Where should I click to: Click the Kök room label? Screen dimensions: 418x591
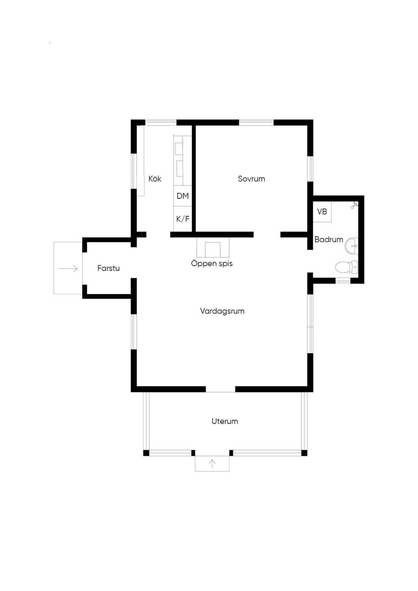click(155, 179)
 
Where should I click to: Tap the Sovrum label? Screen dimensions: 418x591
click(251, 179)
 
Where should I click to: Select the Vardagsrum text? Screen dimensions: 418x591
click(222, 311)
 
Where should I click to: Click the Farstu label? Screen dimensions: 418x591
click(109, 268)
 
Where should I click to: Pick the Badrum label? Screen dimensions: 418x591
click(329, 240)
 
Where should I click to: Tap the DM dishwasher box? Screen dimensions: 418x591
click(182, 196)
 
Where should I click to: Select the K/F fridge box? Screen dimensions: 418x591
click(182, 219)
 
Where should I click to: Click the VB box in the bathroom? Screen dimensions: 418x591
click(322, 211)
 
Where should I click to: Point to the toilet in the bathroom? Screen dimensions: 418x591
click(347, 267)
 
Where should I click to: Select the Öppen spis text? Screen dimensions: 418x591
click(212, 264)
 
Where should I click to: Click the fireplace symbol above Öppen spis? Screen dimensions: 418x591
click(213, 247)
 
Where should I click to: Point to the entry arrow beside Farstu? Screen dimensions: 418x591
click(68, 269)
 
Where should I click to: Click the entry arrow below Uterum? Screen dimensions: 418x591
click(212, 464)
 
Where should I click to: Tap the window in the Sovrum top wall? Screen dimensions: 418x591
click(256, 122)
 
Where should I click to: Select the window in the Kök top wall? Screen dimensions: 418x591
click(162, 122)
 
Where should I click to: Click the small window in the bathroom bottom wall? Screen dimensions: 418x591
click(343, 281)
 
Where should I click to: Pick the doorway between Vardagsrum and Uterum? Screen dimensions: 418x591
click(220, 389)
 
